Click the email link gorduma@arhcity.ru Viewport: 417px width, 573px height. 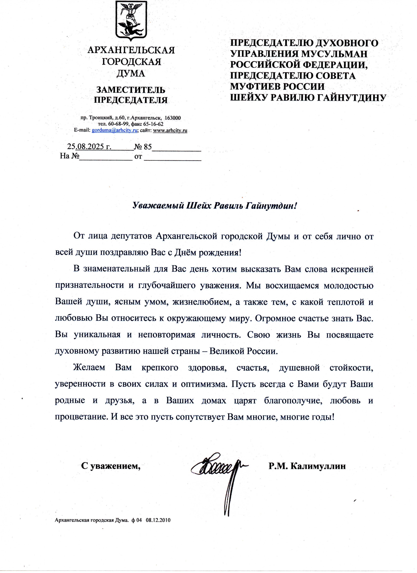click(x=114, y=130)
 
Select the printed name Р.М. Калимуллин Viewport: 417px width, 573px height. click(x=307, y=466)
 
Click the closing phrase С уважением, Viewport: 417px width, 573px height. click(x=111, y=466)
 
